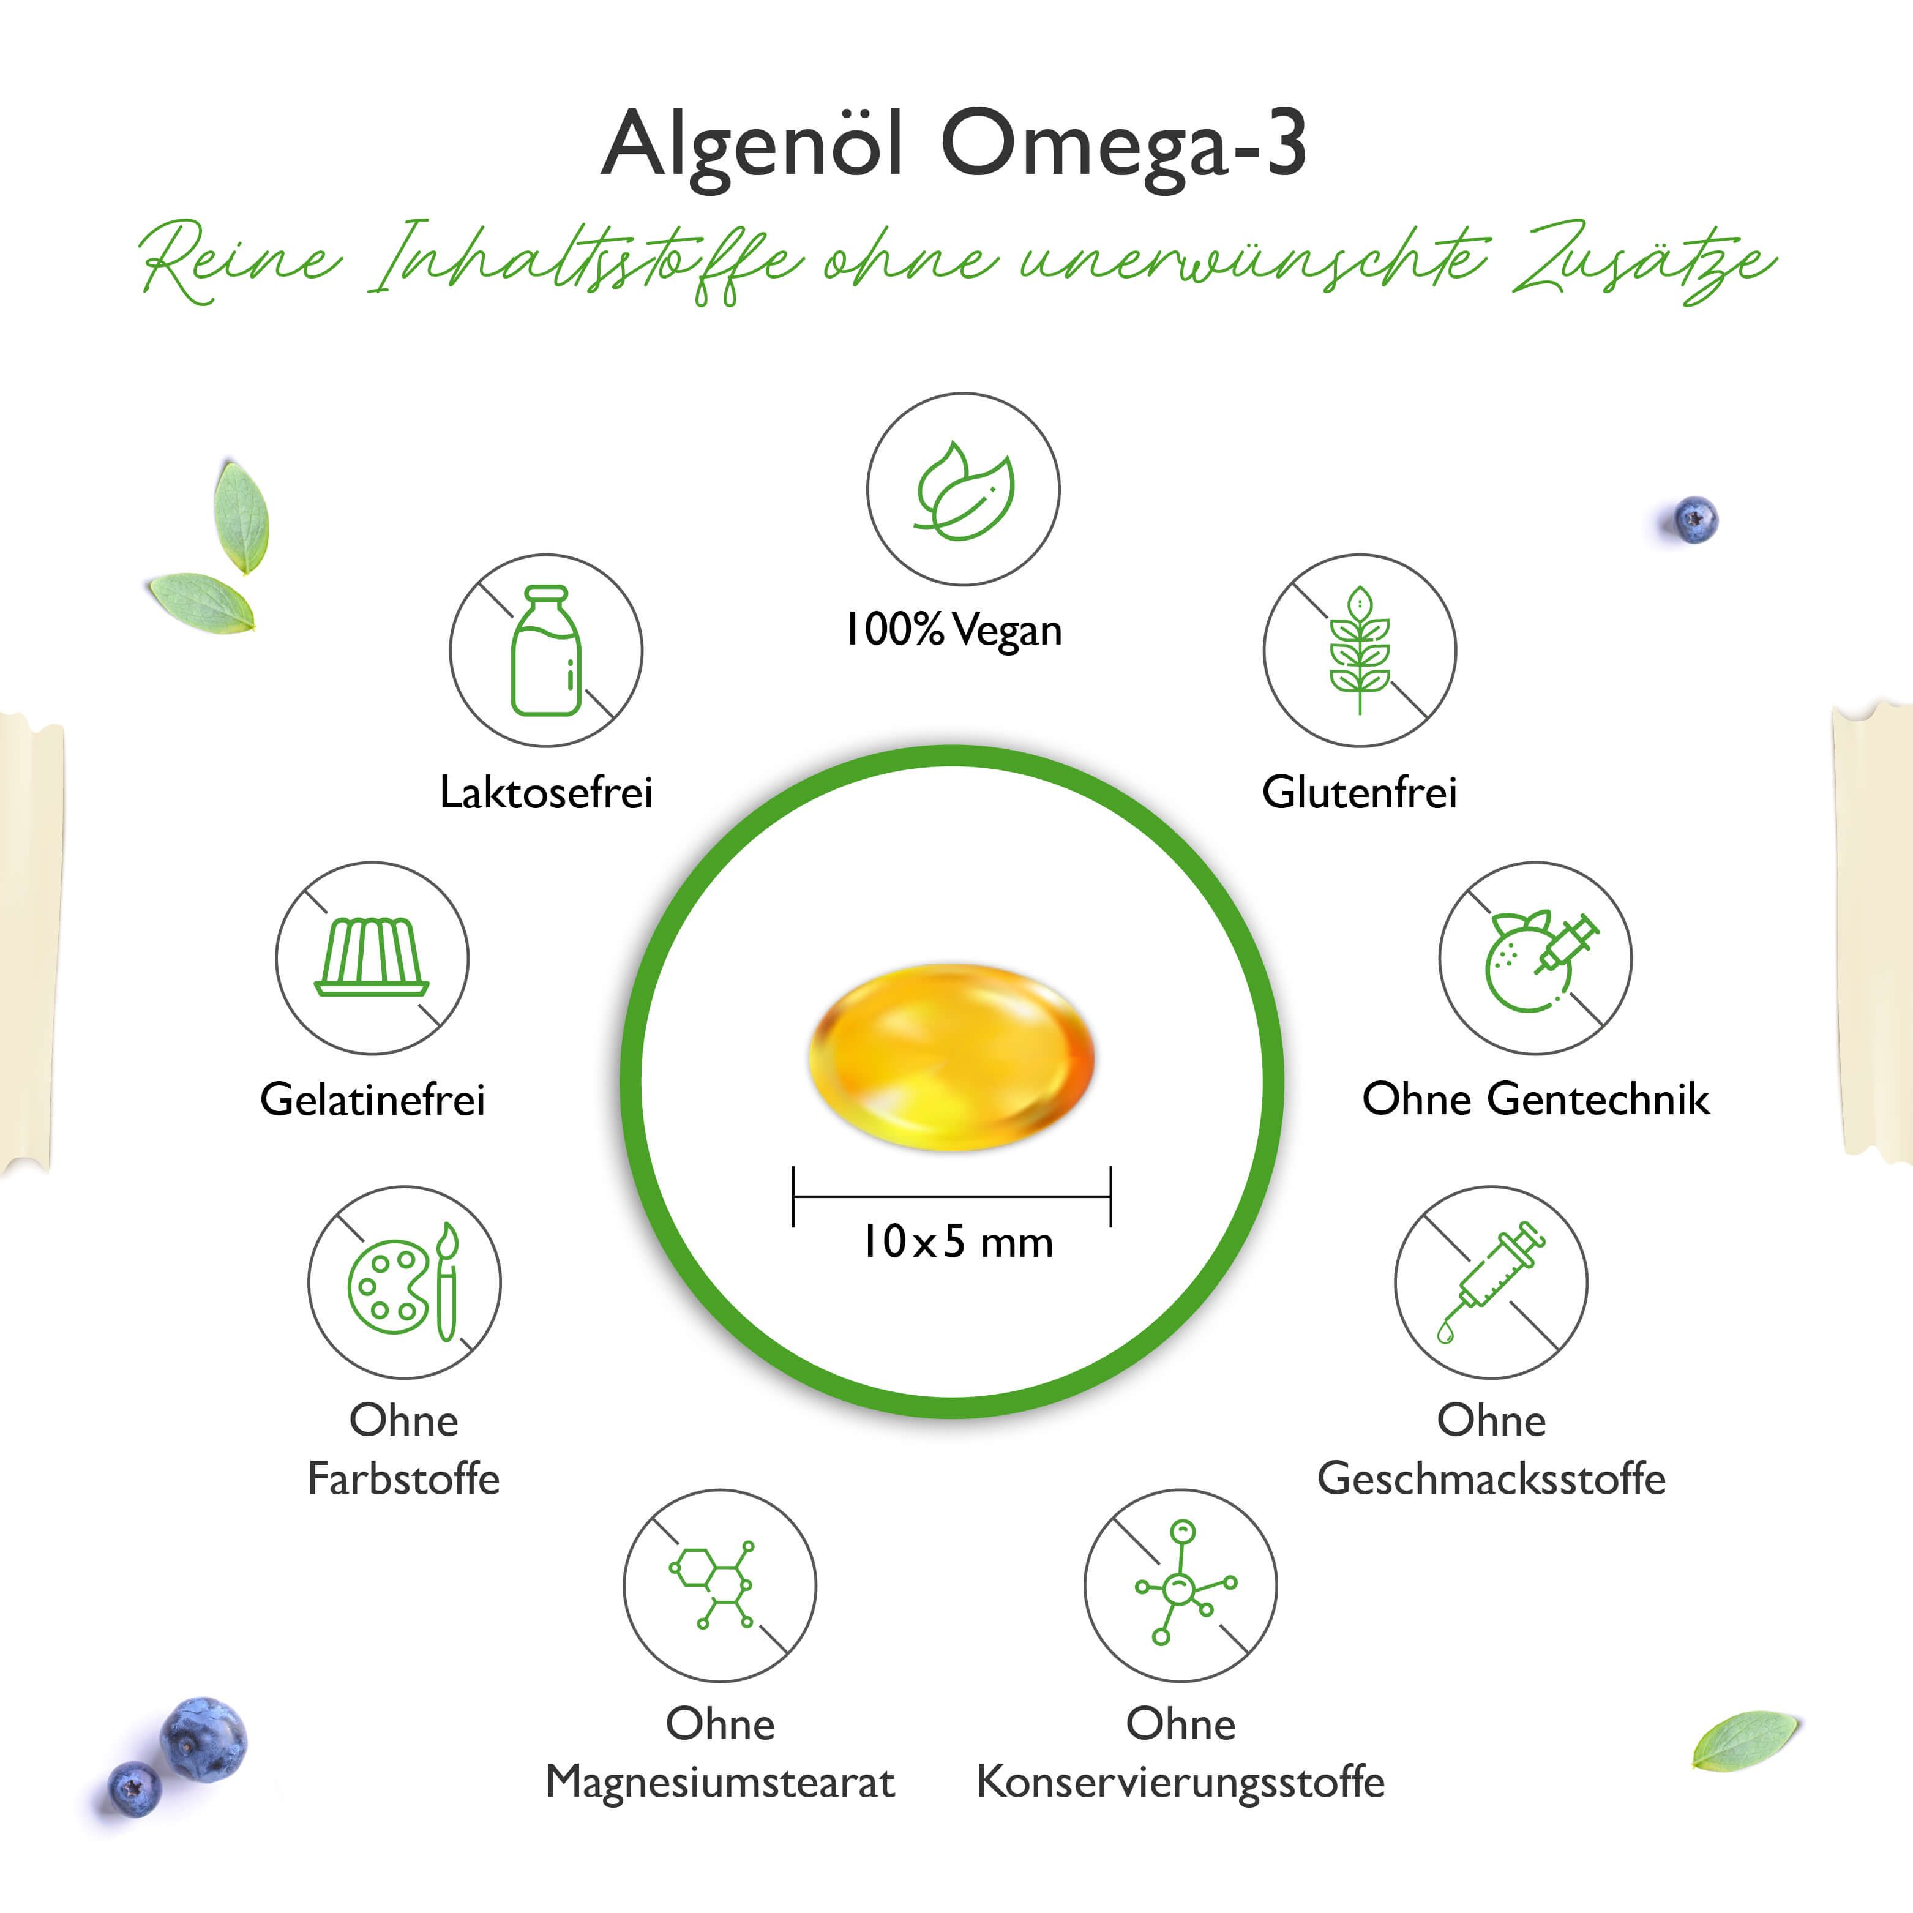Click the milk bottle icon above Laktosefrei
[545, 651]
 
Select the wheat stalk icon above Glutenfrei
[1360, 651]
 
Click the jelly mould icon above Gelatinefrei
[372, 957]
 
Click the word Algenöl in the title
[752, 144]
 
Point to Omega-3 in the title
[1124, 144]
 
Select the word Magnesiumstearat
[720, 1782]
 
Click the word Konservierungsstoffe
[1180, 1782]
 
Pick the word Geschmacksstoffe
[1491, 1478]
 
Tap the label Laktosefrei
[545, 792]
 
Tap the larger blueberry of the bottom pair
[203, 1740]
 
